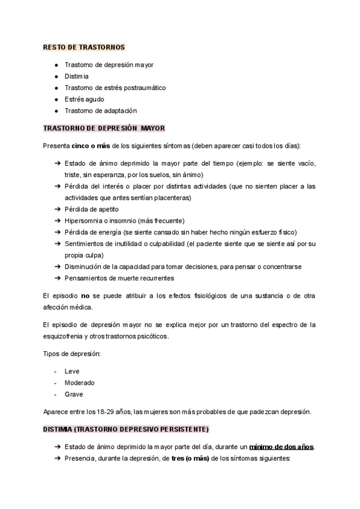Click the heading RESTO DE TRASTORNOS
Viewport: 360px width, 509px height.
coord(84,47)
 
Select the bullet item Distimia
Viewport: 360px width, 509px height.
coord(76,76)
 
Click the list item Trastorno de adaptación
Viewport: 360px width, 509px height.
coord(100,110)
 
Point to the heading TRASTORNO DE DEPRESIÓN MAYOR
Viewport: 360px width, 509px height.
coord(104,128)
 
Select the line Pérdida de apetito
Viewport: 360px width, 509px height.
coord(91,209)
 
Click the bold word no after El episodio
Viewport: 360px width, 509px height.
coord(85,296)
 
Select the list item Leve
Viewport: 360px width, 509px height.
coord(71,371)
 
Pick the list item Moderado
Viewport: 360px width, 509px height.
coord(79,382)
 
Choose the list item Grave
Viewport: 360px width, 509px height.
coord(74,394)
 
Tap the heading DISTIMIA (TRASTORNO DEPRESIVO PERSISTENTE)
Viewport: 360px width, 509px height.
coord(126,429)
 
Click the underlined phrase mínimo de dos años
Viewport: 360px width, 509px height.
coord(281,447)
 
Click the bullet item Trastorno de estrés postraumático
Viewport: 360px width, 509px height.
coord(115,88)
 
